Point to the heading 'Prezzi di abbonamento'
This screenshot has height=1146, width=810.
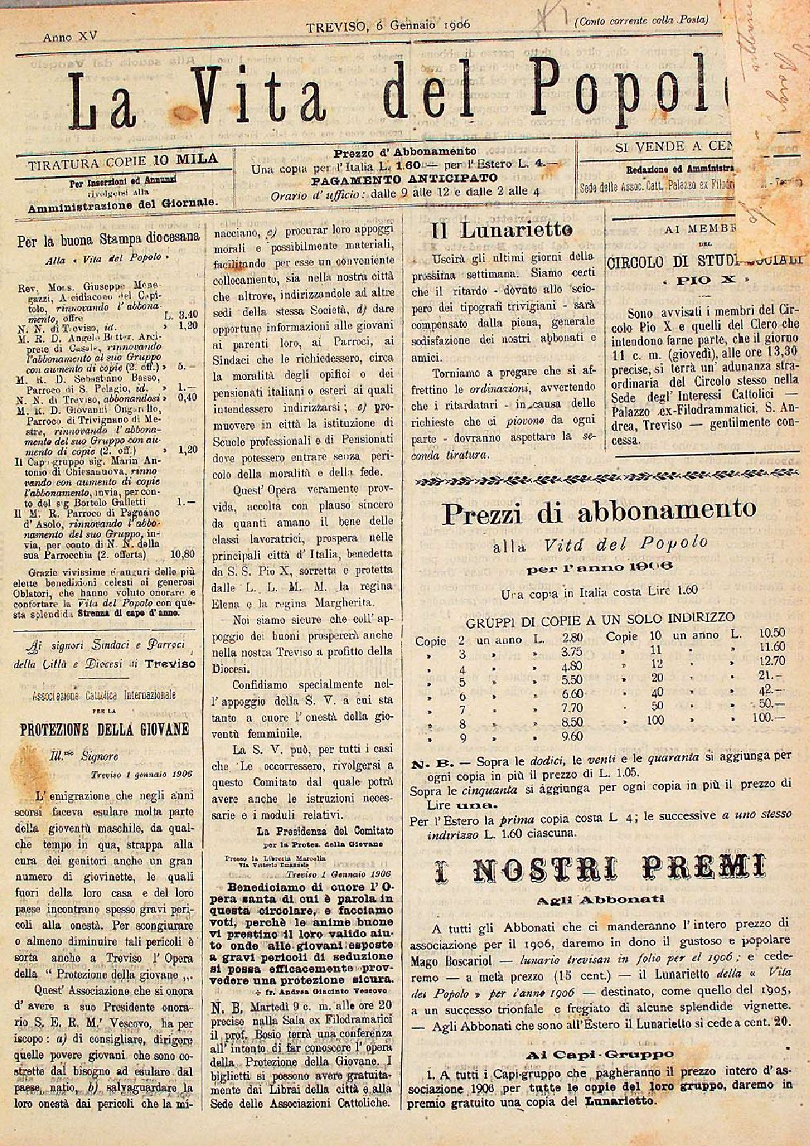point(599,512)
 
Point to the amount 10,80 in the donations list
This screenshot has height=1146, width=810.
point(184,554)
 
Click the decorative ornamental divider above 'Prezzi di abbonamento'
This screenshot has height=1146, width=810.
point(599,482)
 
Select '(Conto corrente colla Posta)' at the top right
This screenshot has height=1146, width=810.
point(641,21)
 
